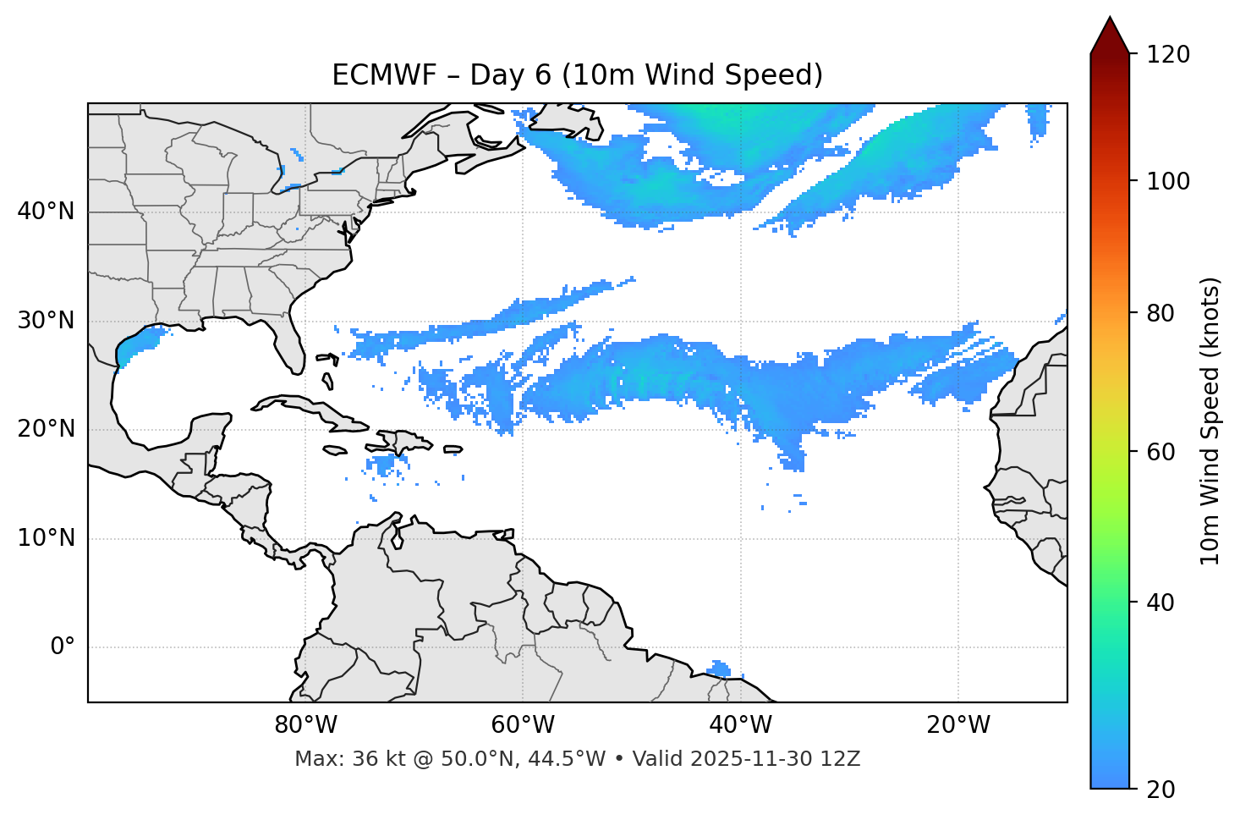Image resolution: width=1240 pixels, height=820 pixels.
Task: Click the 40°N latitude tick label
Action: [46, 212]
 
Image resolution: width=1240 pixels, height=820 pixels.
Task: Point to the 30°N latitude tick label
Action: [46, 321]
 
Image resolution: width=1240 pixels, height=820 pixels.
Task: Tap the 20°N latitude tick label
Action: [46, 429]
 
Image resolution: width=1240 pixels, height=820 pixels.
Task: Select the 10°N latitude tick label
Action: [46, 538]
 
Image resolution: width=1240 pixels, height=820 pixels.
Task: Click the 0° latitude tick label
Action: [63, 647]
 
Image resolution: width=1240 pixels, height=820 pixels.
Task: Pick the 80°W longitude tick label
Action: [305, 725]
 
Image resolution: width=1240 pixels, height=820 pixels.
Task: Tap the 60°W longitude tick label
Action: [523, 725]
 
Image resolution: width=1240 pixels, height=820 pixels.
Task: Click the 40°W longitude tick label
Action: [740, 725]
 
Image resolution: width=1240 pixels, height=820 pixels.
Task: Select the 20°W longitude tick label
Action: [957, 725]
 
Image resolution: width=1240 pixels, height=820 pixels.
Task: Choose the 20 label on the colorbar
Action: [1159, 790]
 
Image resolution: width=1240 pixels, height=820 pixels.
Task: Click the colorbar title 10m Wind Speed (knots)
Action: [1210, 421]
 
